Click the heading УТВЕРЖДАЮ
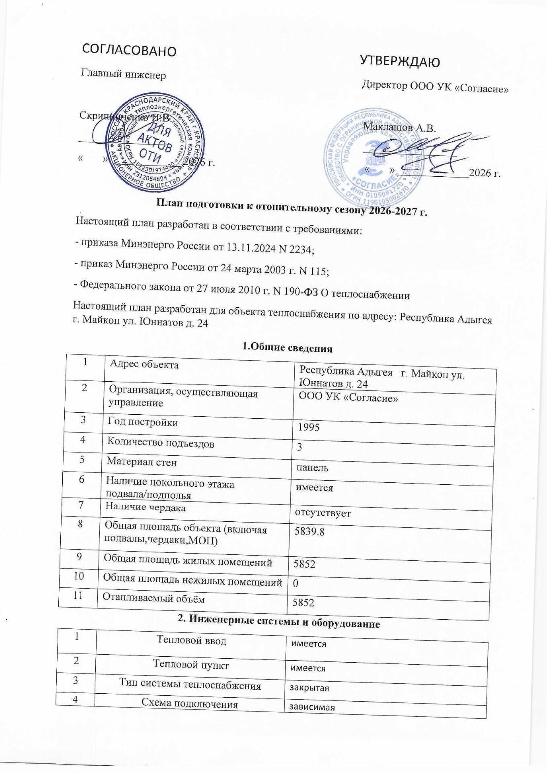pos(400,61)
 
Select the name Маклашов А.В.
pos(400,128)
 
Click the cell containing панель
pos(312,468)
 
